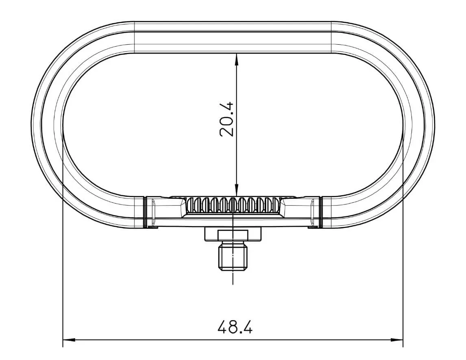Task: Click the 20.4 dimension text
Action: (226, 119)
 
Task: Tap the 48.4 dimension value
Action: (235, 326)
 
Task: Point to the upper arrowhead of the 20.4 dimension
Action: (236, 59)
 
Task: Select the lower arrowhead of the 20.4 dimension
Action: (236, 190)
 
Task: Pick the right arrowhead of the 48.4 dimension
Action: (397, 340)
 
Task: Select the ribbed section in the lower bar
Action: (233, 205)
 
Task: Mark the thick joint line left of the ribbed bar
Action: (145, 212)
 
